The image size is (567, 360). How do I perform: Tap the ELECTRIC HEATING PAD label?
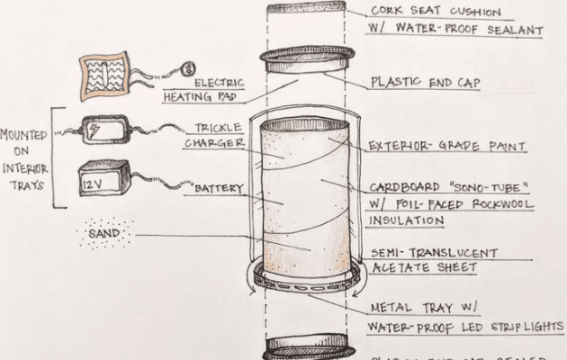pos(214,87)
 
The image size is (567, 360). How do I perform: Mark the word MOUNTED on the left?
pos(23,134)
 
